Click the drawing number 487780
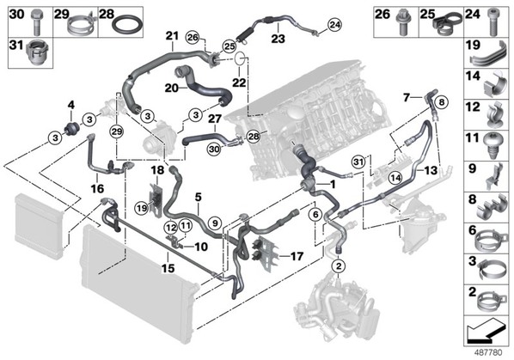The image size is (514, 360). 489,353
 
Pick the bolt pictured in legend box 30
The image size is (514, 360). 36,22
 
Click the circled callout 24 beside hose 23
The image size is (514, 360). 334,25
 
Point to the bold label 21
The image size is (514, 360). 171,36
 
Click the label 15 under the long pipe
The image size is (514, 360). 168,268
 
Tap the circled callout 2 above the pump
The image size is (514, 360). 339,265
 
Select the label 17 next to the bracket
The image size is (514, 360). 297,256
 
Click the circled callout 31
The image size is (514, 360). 358,162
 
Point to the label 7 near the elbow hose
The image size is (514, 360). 407,97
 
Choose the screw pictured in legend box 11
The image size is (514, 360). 493,146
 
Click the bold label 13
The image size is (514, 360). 431,170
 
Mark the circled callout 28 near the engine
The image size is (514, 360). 254,137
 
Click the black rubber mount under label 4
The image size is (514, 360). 72,127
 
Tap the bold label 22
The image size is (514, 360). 239,82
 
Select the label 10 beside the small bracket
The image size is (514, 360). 201,247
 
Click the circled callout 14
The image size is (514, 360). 395,178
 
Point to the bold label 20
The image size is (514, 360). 172,88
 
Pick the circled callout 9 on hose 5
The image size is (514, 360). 215,223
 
